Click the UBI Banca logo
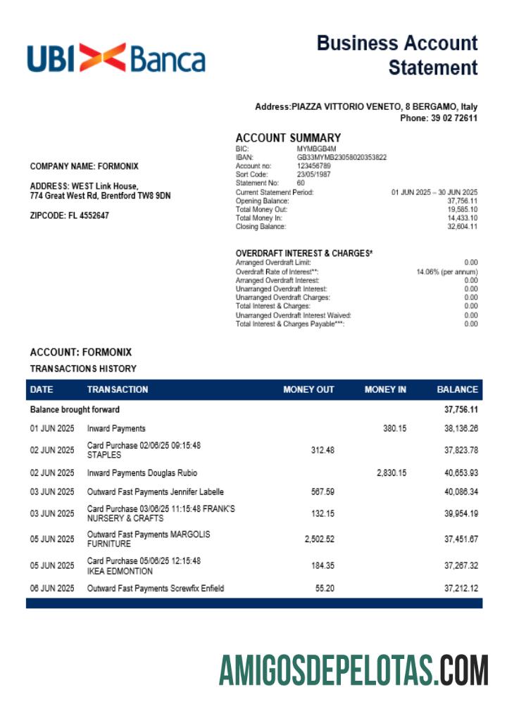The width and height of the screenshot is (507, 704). [x=116, y=58]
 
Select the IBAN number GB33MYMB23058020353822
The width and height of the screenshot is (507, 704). [x=342, y=158]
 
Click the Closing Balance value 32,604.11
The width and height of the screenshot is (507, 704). [x=463, y=227]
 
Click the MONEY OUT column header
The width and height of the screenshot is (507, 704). [x=308, y=389]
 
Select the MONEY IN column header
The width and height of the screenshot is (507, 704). [x=385, y=389]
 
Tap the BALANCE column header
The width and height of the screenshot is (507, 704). [x=457, y=389]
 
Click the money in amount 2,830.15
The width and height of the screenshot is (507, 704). [x=392, y=472]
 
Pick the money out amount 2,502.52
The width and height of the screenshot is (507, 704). [x=319, y=539]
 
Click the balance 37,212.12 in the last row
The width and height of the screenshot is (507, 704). [x=461, y=588]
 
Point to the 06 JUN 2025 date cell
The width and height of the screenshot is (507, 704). [x=52, y=588]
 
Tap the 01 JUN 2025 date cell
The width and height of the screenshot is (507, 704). [x=52, y=428]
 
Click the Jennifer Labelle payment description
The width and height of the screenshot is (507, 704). [x=155, y=492]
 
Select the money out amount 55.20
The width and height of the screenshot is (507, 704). [x=324, y=588]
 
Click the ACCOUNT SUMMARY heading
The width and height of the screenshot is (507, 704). [x=288, y=138]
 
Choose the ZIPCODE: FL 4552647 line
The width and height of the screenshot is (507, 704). [x=70, y=215]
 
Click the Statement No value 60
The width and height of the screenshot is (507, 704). [x=301, y=183]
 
